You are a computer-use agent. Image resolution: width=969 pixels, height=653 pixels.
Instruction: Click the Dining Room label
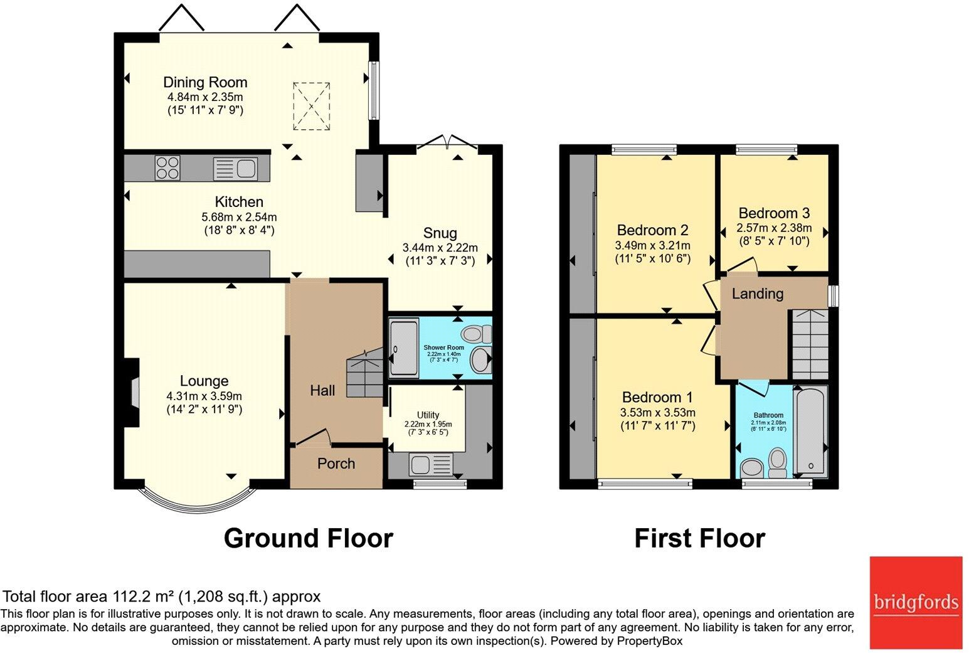(x=205, y=82)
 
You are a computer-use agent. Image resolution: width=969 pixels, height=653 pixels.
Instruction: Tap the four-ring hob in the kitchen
(x=167, y=168)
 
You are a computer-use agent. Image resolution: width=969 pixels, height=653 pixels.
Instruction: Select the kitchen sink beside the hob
(x=235, y=169)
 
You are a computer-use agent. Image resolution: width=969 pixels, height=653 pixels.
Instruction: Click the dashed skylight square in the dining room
(x=311, y=107)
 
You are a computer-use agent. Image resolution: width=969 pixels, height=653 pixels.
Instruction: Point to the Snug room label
(x=440, y=233)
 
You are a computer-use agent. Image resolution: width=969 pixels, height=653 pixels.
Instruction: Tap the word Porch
(x=336, y=464)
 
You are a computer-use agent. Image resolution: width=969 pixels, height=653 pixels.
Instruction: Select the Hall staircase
(x=364, y=374)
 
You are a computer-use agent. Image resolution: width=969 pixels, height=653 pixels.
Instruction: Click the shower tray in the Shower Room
(x=403, y=348)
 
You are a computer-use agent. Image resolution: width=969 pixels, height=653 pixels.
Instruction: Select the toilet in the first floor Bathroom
(x=778, y=462)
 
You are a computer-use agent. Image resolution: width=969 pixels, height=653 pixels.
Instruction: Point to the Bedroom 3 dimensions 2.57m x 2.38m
(x=774, y=228)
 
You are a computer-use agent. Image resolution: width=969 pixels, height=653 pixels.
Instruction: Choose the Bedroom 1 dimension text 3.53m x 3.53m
(x=657, y=412)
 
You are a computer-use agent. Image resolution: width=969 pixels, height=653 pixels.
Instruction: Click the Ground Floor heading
(x=308, y=538)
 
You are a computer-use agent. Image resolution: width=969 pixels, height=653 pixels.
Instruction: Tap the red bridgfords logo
(x=916, y=602)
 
